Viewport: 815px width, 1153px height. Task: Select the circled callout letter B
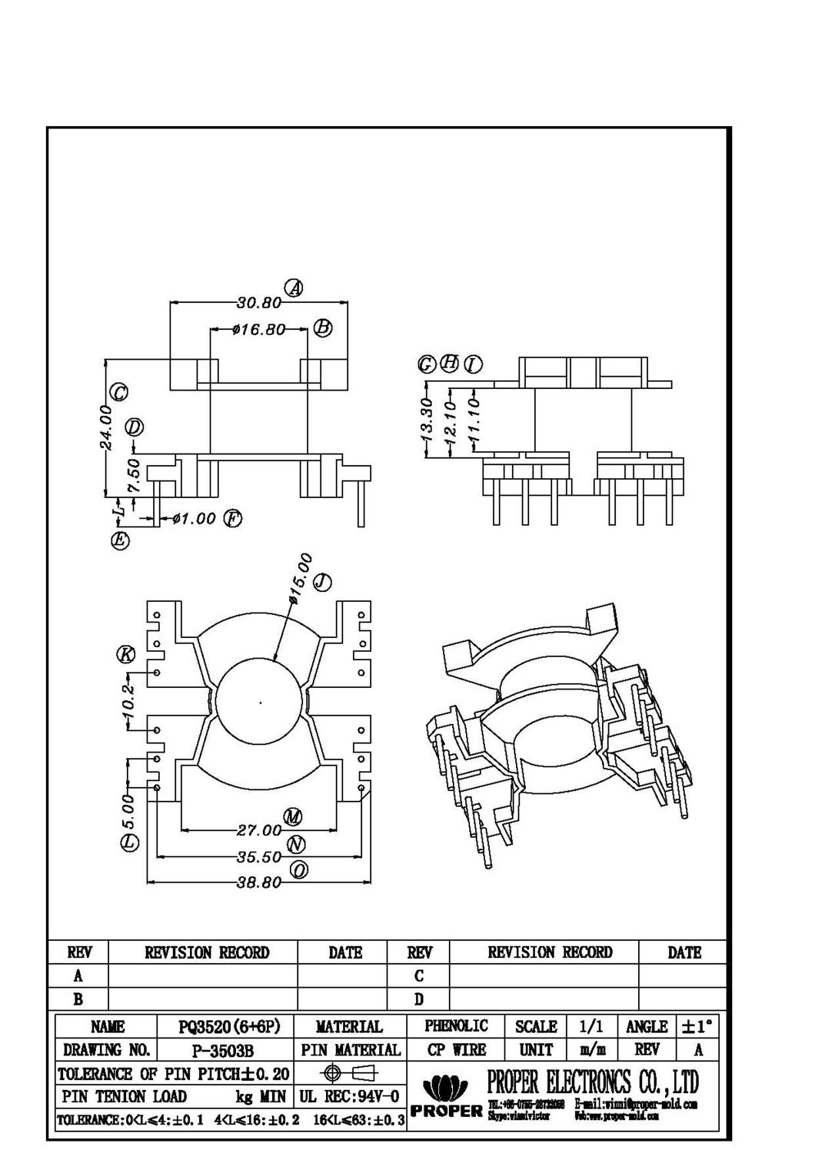pos(323,328)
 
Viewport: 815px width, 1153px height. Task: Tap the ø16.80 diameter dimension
pos(258,330)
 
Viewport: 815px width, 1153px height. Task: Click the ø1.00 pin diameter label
pos(194,519)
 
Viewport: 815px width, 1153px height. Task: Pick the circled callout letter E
pos(120,540)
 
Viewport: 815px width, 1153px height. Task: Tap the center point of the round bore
pos(261,702)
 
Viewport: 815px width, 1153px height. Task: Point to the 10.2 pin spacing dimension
pos(128,701)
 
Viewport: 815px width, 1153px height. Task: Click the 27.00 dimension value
pos(258,830)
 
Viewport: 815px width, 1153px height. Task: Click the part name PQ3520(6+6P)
pos(225,1027)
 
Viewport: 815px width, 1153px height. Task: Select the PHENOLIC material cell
pos(456,1026)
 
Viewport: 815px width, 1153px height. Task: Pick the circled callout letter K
pos(125,654)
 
